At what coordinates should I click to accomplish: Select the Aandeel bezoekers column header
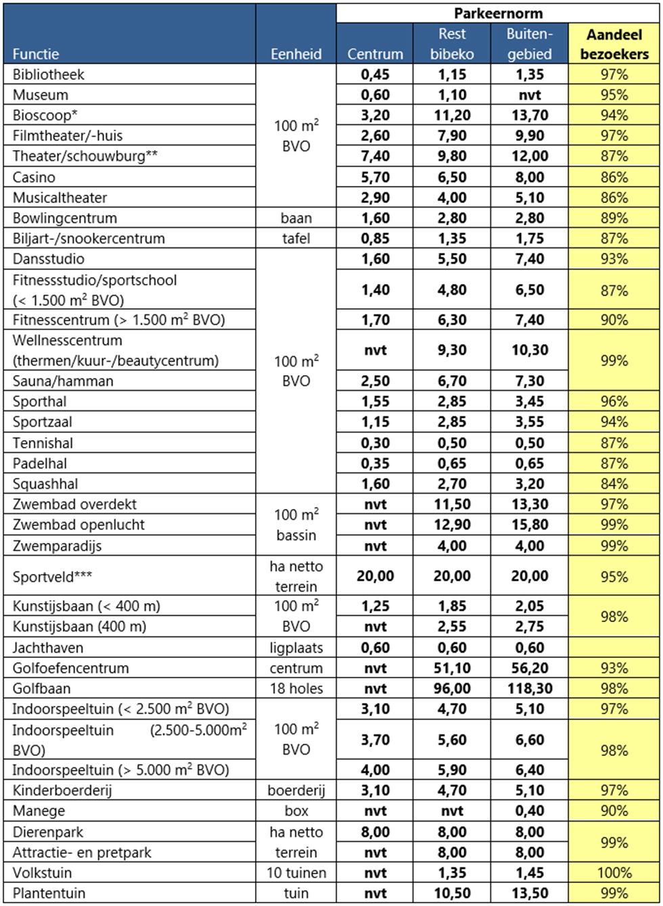[x=614, y=44]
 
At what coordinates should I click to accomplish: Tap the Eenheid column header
[x=297, y=54]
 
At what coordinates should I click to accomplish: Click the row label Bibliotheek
[x=49, y=74]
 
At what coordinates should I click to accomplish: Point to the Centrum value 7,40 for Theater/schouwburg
[x=374, y=156]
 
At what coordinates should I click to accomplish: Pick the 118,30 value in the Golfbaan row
[x=528, y=688]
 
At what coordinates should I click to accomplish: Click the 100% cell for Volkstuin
[x=614, y=873]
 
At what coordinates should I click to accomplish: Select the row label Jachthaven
[x=49, y=648]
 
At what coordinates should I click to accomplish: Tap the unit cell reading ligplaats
[x=297, y=648]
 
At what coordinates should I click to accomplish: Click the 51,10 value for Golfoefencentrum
[x=452, y=668]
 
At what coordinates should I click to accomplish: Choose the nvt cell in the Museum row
[x=528, y=95]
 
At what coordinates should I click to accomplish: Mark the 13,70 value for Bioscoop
[x=528, y=115]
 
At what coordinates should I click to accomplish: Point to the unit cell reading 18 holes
[x=297, y=688]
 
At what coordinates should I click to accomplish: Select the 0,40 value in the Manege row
[x=528, y=811]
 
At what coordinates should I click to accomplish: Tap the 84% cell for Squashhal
[x=614, y=484]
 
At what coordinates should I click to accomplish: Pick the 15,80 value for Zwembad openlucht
[x=528, y=525]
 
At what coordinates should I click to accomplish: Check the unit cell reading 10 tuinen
[x=297, y=873]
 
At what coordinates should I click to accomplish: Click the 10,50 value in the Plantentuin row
[x=452, y=893]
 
